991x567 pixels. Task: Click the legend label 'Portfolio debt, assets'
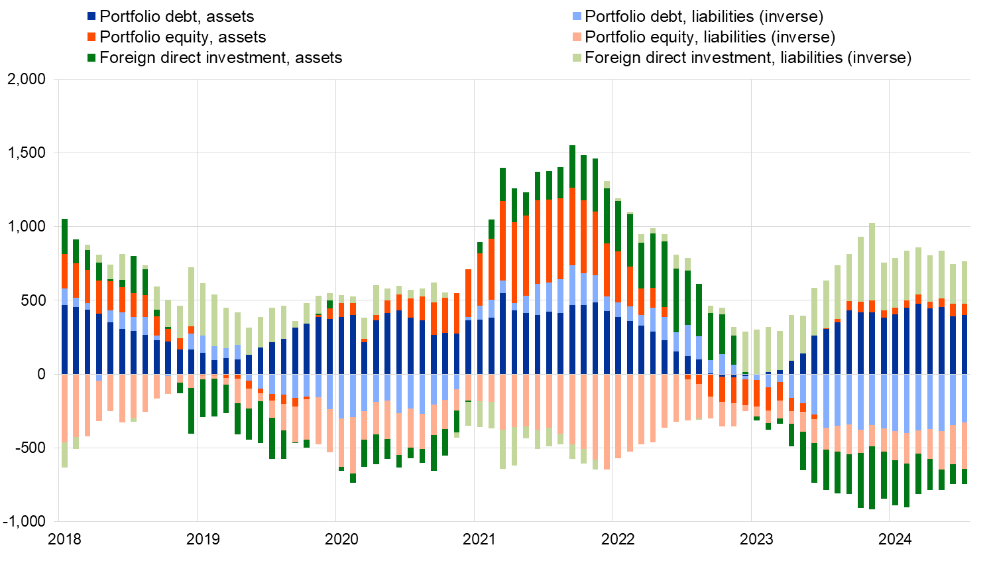tap(176, 17)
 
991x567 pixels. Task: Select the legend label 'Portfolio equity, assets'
tap(182, 37)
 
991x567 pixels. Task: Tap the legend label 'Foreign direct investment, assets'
tap(221, 58)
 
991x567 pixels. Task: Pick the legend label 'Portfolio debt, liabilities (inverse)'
tap(704, 17)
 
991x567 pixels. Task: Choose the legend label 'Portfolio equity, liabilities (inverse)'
tap(710, 37)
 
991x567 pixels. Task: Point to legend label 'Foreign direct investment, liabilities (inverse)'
tap(748, 58)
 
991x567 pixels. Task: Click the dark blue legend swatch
tap(92, 17)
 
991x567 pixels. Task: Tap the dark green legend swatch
tap(92, 58)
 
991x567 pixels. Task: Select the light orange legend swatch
tap(577, 37)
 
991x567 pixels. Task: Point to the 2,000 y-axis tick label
tap(27, 80)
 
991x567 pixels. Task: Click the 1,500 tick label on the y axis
tap(27, 153)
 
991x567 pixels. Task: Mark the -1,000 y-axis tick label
tap(24, 521)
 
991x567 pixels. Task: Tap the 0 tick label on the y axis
tap(41, 374)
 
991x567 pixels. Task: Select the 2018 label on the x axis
tap(65, 539)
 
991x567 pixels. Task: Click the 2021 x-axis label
tap(479, 539)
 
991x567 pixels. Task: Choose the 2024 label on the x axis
tap(895, 539)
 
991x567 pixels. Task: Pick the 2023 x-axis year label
tap(756, 539)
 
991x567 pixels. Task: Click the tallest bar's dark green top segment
tap(572, 166)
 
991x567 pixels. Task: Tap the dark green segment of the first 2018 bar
tap(64, 236)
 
